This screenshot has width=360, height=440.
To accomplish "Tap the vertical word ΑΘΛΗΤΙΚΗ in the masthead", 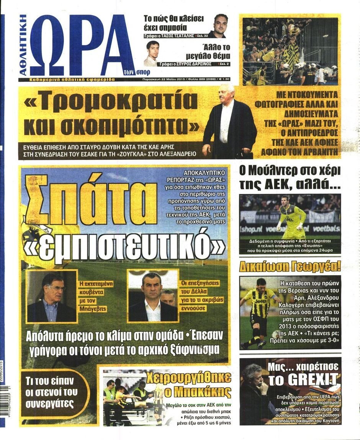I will pos(23,45).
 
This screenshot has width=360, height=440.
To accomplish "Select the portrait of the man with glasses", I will pos(52,297).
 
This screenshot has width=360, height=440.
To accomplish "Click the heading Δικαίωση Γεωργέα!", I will pos(290,266).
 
